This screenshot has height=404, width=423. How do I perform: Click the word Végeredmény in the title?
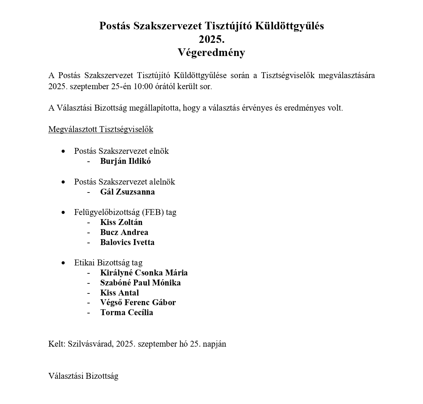211,53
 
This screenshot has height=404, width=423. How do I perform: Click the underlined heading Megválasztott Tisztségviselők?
101,129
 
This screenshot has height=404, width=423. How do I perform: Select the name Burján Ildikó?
125,161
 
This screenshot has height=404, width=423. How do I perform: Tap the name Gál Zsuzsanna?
128,192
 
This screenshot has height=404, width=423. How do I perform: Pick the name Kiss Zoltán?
121,222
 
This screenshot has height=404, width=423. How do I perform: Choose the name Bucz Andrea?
124,232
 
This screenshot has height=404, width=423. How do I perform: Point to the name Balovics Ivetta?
127,242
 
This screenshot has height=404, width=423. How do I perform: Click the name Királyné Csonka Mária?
144,273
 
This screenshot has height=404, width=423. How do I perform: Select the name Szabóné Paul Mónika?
140,283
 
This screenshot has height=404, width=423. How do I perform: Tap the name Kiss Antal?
120,293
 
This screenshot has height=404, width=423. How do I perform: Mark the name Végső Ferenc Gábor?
138,302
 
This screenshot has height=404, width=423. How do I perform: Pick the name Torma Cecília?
126,312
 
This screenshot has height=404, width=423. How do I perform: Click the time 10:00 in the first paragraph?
143,86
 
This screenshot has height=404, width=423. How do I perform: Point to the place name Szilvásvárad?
90,344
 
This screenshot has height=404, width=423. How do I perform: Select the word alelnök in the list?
162,182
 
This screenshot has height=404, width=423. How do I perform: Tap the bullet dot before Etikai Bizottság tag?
63,263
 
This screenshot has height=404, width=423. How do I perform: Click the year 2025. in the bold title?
211,39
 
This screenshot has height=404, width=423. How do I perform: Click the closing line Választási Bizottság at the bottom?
83,376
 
